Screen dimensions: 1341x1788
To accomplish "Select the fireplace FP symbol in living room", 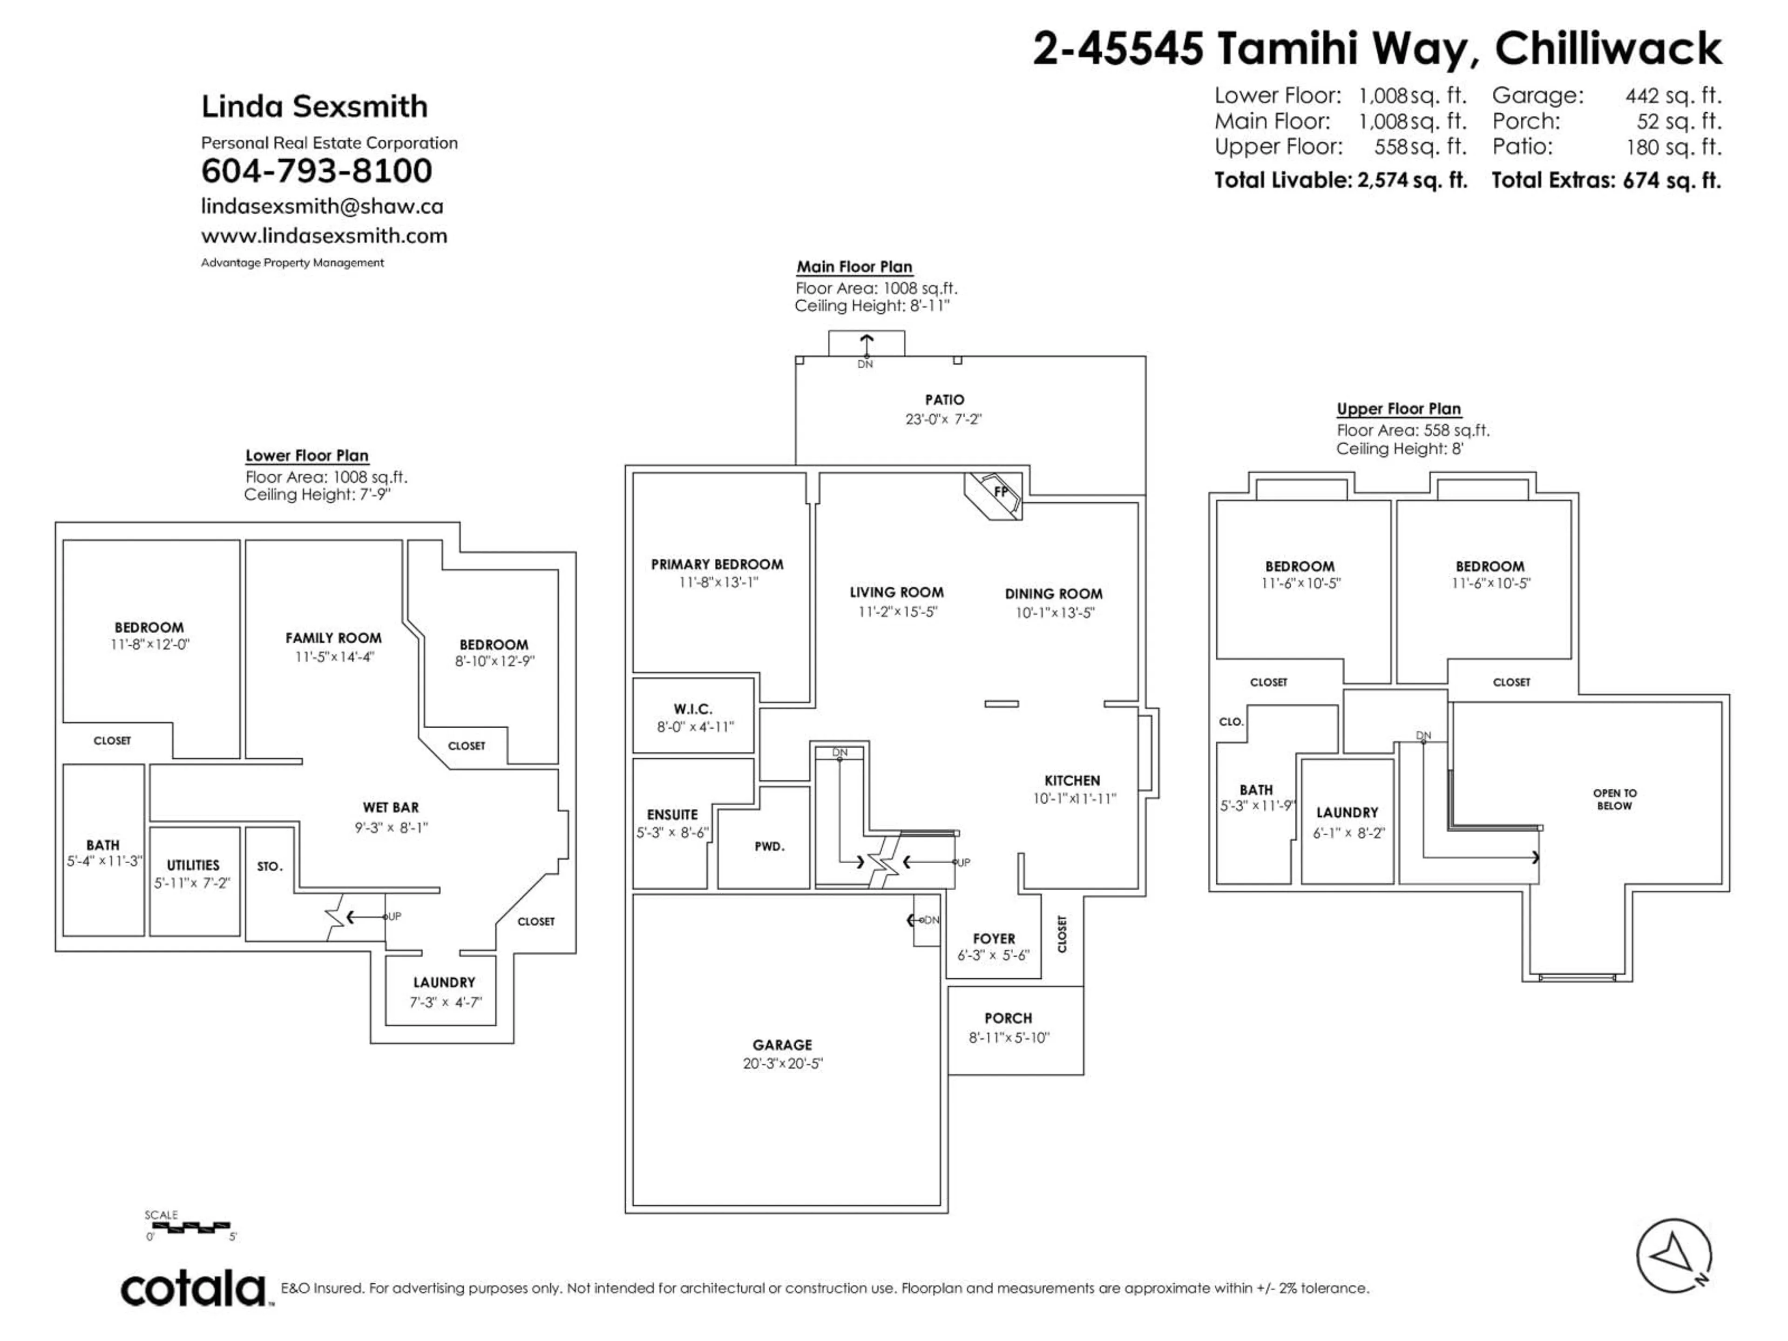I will [x=1000, y=491].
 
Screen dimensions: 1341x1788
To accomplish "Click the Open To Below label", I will [x=1614, y=799].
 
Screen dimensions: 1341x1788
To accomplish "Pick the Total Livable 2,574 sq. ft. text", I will [x=1340, y=180].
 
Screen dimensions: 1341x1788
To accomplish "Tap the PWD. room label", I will [x=769, y=847].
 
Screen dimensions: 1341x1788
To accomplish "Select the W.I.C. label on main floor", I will [x=693, y=709].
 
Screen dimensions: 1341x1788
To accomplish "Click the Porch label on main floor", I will [x=1008, y=1018].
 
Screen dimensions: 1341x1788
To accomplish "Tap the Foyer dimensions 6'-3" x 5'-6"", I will [x=994, y=955].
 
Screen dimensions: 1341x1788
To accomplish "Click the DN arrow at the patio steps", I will [x=866, y=346].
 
